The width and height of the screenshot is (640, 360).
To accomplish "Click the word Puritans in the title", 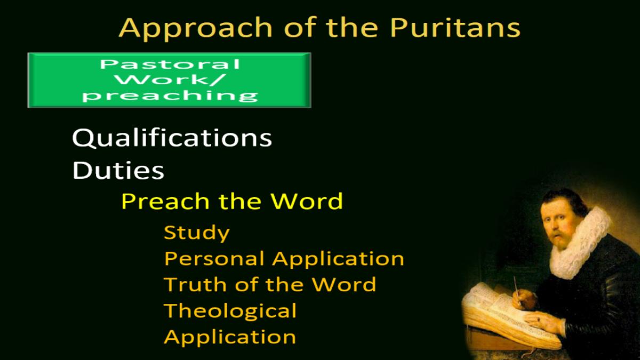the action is click(455, 28).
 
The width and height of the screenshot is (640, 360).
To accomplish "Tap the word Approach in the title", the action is click(195, 29).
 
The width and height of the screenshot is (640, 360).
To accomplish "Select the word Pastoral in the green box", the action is click(170, 64).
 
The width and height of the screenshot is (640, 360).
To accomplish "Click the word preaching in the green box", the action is click(170, 95).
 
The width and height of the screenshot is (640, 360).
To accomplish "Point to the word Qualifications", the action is click(172, 138).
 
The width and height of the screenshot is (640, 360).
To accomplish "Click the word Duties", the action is click(118, 170).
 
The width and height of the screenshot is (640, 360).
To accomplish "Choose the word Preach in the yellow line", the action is click(165, 201).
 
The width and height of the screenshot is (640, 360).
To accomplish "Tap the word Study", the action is click(197, 233).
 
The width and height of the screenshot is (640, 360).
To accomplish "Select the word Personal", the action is click(214, 259).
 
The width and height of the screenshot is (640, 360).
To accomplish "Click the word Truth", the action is click(197, 284).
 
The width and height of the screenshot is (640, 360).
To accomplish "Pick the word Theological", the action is click(230, 310).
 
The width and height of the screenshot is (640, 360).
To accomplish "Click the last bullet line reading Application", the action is click(230, 337).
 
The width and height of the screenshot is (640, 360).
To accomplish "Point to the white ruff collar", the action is click(580, 243).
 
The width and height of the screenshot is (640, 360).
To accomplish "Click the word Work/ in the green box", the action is click(170, 79).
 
